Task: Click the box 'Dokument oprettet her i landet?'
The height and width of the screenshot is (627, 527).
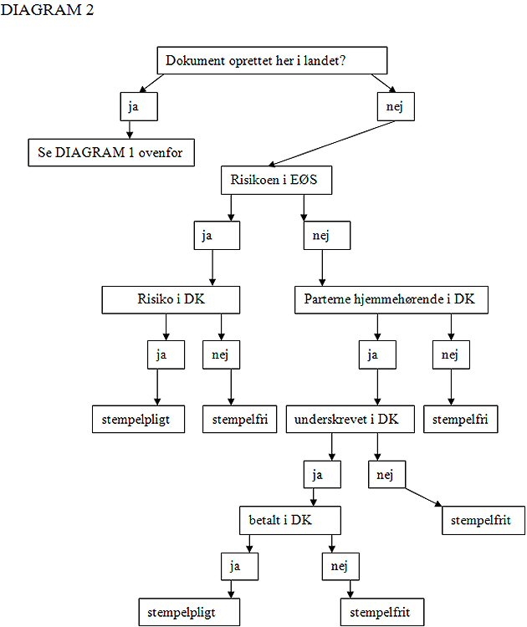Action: click(272, 61)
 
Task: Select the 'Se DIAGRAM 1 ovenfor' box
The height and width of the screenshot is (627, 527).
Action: click(111, 153)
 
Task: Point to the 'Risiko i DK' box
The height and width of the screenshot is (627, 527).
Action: click(171, 299)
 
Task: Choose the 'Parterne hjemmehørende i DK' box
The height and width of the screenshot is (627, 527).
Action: click(391, 299)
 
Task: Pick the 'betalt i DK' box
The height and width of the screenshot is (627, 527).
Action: click(289, 520)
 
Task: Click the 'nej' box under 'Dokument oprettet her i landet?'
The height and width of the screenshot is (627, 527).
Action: click(395, 106)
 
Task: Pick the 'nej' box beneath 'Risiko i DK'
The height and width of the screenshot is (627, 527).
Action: click(222, 354)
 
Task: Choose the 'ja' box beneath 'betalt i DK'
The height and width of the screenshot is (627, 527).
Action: click(239, 566)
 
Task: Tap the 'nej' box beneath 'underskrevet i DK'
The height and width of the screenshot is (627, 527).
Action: click(386, 475)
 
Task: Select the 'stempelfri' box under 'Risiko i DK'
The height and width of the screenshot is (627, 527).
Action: click(240, 419)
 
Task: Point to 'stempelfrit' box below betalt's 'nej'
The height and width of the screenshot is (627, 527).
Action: click(382, 612)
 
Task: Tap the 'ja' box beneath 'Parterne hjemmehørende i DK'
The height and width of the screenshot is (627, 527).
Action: click(378, 354)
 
